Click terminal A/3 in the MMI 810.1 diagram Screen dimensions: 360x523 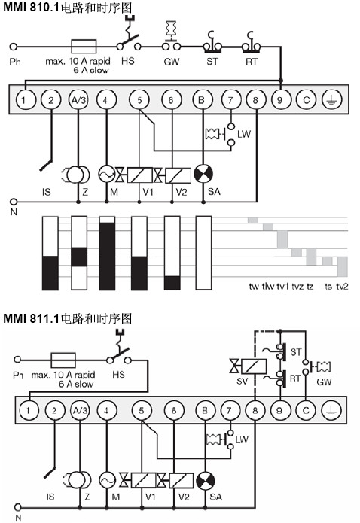tap(78, 100)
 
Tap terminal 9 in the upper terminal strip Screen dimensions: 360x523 tap(280, 100)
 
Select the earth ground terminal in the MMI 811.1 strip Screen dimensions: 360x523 tap(331, 410)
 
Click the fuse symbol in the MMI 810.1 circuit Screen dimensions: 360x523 tap(84, 47)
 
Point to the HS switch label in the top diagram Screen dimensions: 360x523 tap(127, 62)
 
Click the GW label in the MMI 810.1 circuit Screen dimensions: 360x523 tap(172, 62)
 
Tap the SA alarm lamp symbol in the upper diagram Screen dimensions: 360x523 tap(203, 174)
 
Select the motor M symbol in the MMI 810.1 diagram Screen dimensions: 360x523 tap(106, 174)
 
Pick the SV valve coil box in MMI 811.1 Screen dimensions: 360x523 tap(254, 366)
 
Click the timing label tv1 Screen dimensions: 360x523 tap(282, 287)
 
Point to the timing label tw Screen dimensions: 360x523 tap(254, 287)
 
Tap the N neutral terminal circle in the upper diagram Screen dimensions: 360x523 tap(14, 202)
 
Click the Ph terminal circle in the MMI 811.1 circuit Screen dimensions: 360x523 tap(17, 360)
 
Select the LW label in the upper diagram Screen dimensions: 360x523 tap(244, 134)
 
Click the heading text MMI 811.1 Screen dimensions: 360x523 tap(31, 318)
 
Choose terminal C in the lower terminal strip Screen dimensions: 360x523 tap(306, 410)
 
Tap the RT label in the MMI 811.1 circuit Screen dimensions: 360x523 tap(295, 379)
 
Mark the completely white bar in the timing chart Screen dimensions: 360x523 tap(203, 253)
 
